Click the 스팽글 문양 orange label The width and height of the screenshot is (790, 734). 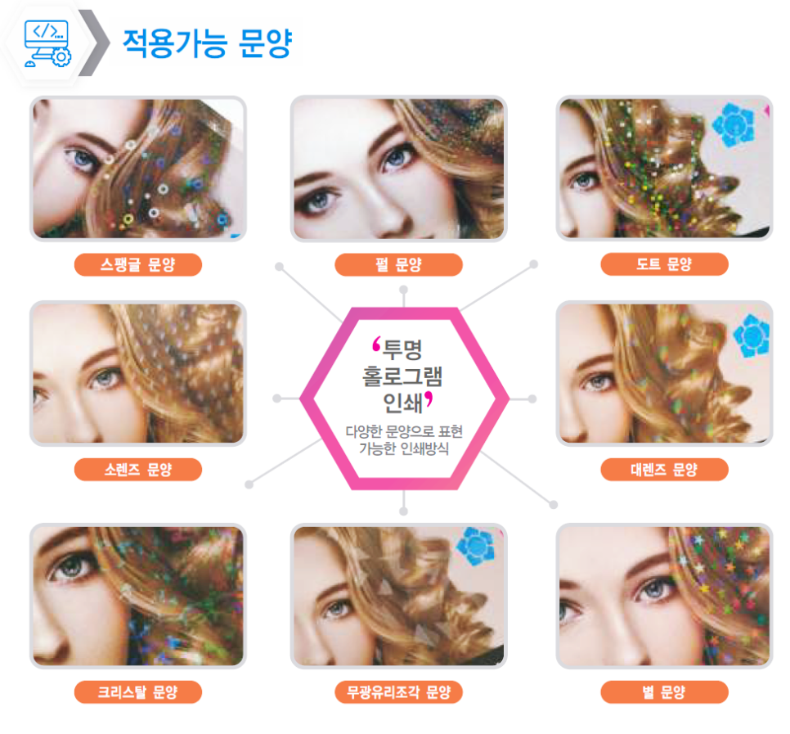[138, 264]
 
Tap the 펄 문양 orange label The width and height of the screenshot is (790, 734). [398, 264]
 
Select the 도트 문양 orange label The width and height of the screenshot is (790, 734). [665, 264]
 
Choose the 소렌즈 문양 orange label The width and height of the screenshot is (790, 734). [138, 470]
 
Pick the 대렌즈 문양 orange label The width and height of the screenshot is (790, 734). [665, 470]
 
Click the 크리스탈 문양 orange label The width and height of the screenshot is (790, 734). [138, 691]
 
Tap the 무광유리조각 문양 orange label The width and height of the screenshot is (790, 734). [398, 691]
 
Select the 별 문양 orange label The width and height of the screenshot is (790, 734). [665, 691]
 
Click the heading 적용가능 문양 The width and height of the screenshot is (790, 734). [208, 43]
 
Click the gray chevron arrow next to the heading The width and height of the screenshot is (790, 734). [95, 43]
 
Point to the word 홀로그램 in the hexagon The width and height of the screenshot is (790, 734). [402, 376]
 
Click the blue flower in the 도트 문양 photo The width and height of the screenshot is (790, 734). [734, 124]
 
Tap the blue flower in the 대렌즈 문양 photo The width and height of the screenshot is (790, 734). [752, 335]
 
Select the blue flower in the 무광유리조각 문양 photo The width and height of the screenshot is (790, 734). [476, 546]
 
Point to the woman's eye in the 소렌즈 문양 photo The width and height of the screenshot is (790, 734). [105, 378]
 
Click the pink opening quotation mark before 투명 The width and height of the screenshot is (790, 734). [376, 344]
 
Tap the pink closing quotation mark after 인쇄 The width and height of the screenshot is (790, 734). [429, 399]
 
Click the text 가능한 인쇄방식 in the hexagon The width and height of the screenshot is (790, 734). [403, 448]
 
